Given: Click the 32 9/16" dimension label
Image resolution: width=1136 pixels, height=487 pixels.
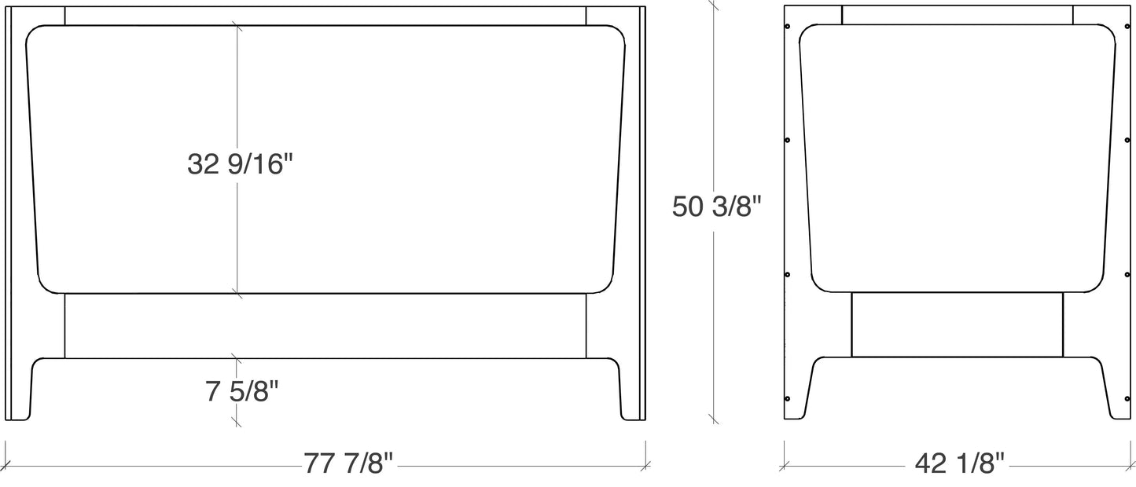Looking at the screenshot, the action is coord(240,164).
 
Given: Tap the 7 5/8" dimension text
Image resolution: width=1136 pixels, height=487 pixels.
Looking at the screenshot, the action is coord(242,391).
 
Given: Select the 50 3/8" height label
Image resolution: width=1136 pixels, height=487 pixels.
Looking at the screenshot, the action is coord(717,207).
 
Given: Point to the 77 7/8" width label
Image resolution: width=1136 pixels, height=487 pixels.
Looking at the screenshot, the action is coord(348,463).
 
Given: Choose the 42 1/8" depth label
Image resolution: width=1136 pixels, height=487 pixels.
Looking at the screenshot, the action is coord(959,463).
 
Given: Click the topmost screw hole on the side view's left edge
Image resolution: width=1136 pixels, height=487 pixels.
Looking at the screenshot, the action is coord(788,27).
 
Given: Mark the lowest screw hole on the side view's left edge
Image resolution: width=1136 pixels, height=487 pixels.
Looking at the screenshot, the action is coord(788,399).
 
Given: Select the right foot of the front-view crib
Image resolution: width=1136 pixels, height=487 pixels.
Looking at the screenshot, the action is coord(632,390).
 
